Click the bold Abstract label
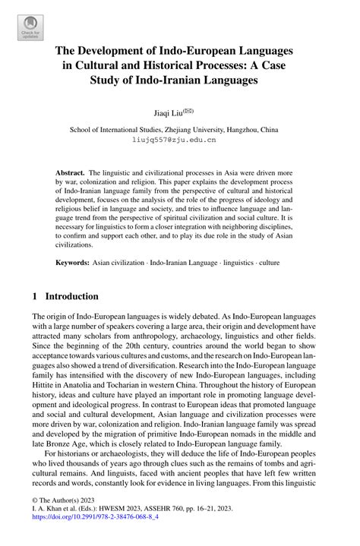71,174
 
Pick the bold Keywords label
76,262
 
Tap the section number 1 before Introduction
36,296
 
